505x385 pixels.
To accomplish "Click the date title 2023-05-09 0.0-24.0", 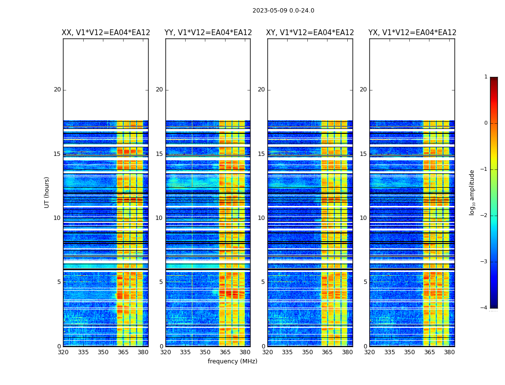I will click(x=283, y=11).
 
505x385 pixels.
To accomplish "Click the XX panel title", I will click(x=106, y=33).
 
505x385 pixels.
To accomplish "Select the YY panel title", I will click(x=208, y=33).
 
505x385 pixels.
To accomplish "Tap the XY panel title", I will click(x=310, y=33).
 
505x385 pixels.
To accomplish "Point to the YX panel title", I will click(x=412, y=33).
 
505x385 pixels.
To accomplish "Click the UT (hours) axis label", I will click(x=47, y=192).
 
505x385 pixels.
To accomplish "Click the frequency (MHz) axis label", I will click(x=232, y=361).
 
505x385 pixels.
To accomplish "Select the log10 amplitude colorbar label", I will click(x=472, y=192).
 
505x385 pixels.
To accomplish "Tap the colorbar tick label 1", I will click(x=486, y=77).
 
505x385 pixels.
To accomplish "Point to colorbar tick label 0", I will click(x=486, y=123).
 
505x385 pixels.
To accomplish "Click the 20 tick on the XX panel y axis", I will click(x=57, y=90).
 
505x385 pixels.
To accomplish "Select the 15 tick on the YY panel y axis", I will click(x=159, y=154).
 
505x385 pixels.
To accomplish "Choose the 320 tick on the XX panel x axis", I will click(x=63, y=352).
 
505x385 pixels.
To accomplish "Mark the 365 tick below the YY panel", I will click(x=225, y=352).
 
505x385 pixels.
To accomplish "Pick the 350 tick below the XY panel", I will click(x=307, y=352).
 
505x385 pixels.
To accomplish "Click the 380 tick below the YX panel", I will click(x=449, y=352).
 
